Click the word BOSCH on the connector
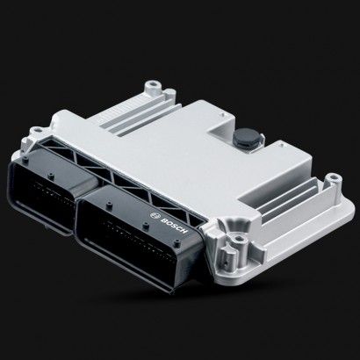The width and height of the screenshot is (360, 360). [x=174, y=226]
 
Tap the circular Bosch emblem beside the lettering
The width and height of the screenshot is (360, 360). [x=155, y=216]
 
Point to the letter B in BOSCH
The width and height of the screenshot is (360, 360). [x=163, y=220]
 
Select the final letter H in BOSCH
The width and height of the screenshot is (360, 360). [x=184, y=231]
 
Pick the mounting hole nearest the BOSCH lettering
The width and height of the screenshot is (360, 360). [x=240, y=239]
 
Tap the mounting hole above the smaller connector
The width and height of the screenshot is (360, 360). [x=36, y=129]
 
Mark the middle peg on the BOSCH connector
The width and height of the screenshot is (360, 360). [x=146, y=226]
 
